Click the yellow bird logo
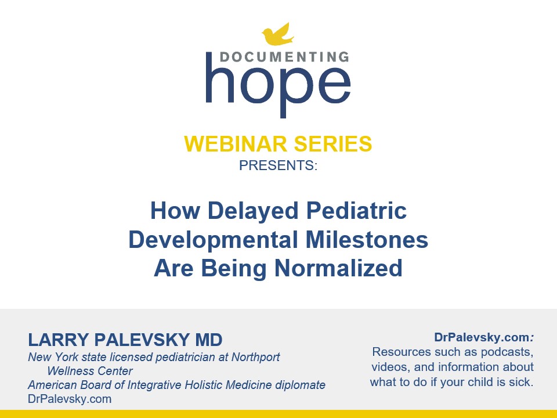pos(277,34)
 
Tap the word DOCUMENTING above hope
pos(285,57)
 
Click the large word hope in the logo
pos(278,85)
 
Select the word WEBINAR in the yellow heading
pos(235,143)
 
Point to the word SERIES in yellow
pos(333,143)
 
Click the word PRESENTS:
pos(278,165)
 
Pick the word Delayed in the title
pos(252,211)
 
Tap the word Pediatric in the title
pos(356,210)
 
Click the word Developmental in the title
pos(213,240)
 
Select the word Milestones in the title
pos(367,240)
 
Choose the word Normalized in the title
pos(338,268)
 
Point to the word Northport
pos(256,357)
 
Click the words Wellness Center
pos(90,371)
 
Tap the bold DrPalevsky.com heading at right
pos(484,337)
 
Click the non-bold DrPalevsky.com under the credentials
pos(70,399)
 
